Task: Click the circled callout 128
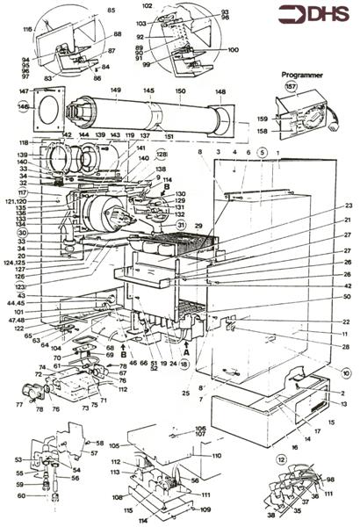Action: (x=162, y=155)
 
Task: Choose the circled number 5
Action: (x=261, y=152)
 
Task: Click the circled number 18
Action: (x=184, y=363)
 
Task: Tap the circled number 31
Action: (x=182, y=225)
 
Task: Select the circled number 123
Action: (x=19, y=285)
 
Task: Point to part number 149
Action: (x=115, y=90)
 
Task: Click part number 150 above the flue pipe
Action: (x=182, y=90)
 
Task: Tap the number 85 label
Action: (x=111, y=10)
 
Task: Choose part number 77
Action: (x=20, y=406)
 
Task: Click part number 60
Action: (x=19, y=495)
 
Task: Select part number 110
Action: (x=216, y=457)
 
